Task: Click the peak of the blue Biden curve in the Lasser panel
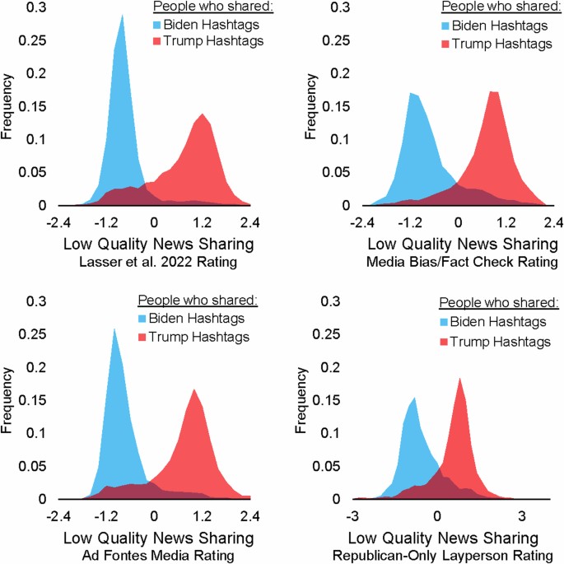click(x=122, y=15)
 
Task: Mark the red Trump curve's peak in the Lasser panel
click(x=202, y=114)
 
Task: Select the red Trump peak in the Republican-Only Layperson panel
click(x=459, y=379)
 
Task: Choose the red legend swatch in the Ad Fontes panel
click(x=143, y=338)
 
